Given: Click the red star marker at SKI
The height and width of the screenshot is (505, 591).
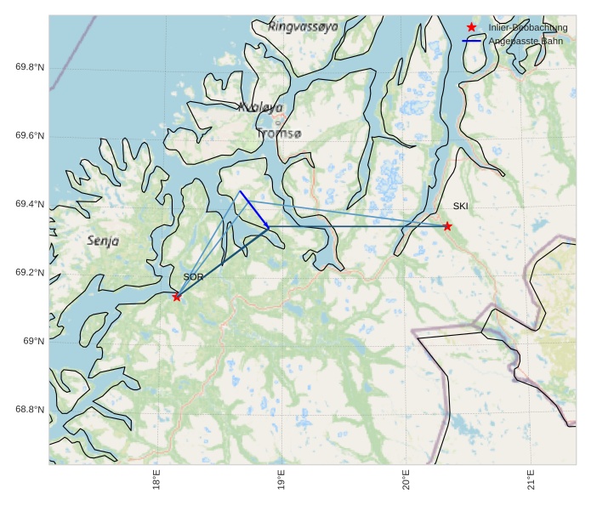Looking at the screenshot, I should (x=447, y=226).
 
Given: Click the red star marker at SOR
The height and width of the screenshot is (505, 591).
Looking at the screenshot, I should (x=177, y=297).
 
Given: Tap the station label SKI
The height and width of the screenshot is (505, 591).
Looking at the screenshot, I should (x=460, y=207).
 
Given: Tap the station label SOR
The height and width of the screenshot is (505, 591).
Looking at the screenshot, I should (x=193, y=277).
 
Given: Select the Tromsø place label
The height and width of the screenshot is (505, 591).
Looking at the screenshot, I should (x=278, y=133).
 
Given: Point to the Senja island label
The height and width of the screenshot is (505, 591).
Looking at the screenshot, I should (x=103, y=241).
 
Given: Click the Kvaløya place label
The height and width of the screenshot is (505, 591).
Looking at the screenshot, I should (x=260, y=108).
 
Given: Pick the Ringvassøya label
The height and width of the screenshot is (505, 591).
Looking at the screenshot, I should (x=303, y=27).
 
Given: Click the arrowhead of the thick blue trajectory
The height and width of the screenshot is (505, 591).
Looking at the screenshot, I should (x=268, y=227).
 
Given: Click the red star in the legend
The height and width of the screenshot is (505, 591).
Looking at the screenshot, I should (x=472, y=27).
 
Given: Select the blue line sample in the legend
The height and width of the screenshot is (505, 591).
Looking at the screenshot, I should (x=472, y=41).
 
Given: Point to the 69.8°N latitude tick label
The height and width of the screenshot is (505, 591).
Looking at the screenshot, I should (x=30, y=67).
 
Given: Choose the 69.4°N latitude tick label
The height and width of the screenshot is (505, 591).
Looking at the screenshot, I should (x=30, y=204).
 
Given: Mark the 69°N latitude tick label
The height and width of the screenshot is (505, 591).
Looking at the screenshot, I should (x=33, y=341).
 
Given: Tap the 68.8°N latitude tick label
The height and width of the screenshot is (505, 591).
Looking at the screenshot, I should (x=30, y=410).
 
